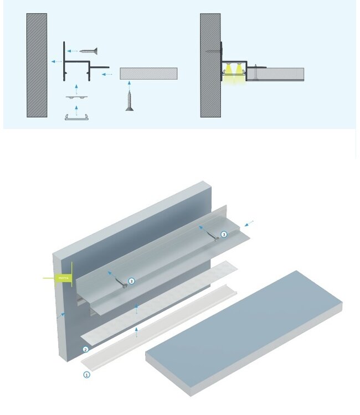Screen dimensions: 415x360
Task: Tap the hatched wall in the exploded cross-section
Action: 37,65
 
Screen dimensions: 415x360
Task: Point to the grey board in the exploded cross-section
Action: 148,74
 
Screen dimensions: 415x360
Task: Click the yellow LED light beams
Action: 234,75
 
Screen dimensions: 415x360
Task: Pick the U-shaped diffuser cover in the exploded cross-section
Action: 77,117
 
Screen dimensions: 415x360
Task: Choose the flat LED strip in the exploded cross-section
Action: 77,96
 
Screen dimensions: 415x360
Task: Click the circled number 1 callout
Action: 86,375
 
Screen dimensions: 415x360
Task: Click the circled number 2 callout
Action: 85,349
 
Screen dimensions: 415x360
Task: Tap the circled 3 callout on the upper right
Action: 224,235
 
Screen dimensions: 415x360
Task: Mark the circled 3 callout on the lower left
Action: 131,281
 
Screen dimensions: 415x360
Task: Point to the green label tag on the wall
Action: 61,278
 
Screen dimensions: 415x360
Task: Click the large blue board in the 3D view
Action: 244,329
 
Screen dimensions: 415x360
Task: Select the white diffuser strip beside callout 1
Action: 161,324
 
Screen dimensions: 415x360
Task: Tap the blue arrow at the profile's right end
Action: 249,224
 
